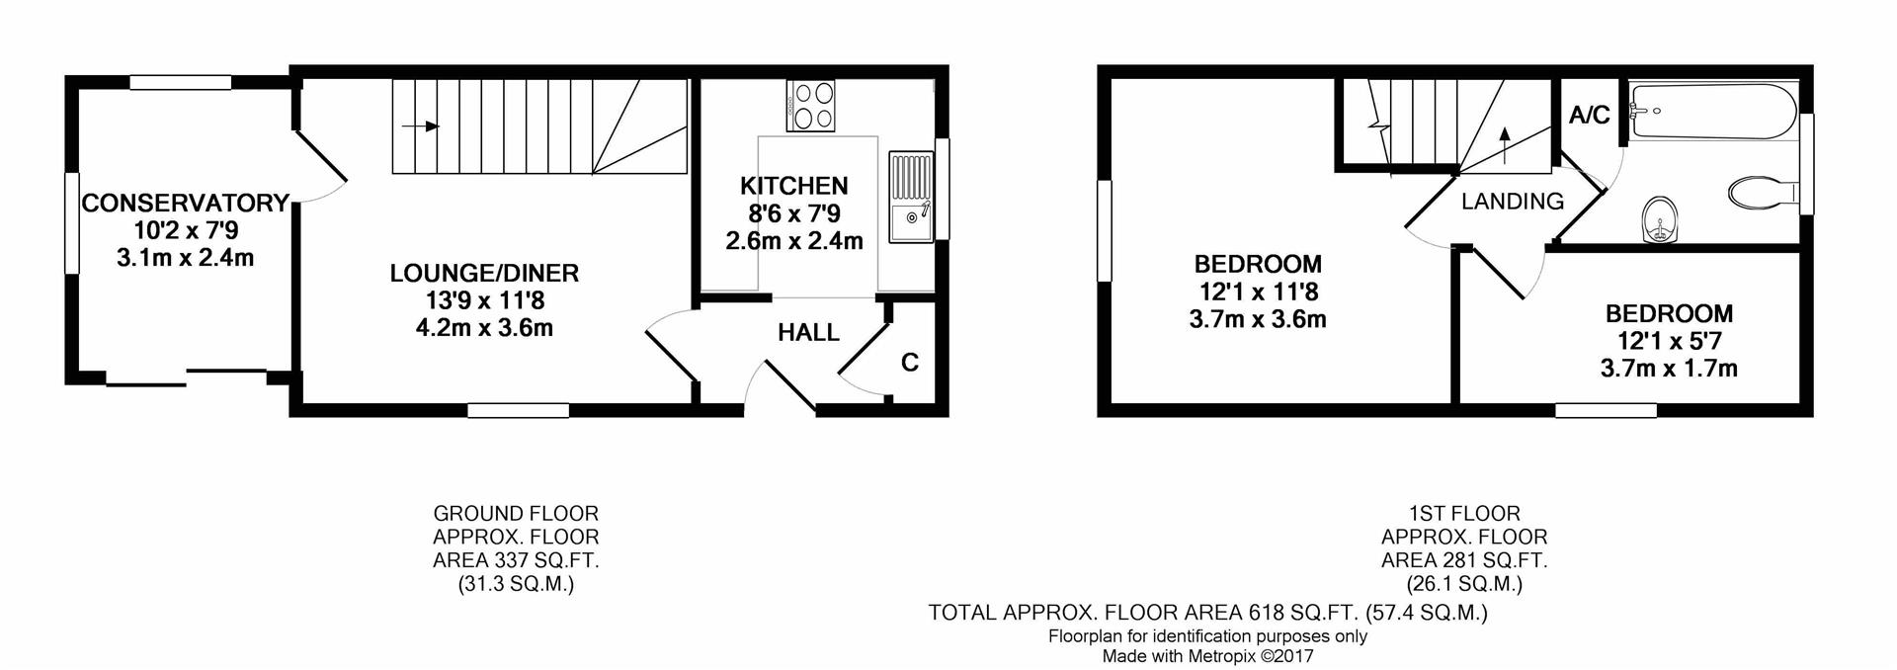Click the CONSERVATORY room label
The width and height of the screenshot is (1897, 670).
(185, 204)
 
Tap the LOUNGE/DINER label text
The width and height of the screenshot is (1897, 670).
(484, 273)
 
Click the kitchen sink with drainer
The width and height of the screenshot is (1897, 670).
(911, 197)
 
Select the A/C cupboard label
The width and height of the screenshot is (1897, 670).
(1590, 116)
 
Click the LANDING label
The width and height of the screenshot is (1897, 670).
(1513, 202)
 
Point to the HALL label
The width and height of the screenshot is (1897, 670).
(808, 332)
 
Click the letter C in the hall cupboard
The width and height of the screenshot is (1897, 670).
(910, 363)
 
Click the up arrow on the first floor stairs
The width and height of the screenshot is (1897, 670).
(1505, 145)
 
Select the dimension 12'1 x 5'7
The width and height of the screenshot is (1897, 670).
(1669, 342)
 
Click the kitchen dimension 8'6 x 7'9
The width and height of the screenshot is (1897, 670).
(794, 213)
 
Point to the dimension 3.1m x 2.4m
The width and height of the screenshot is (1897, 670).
(185, 258)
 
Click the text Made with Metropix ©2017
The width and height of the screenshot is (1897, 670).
(1207, 655)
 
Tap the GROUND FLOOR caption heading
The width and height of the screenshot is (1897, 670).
(516, 514)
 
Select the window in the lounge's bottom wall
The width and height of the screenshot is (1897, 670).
(518, 410)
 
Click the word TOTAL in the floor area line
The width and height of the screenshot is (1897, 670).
(962, 613)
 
